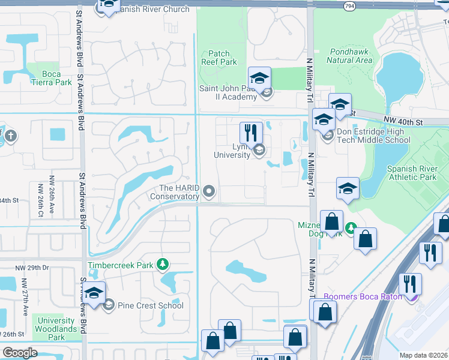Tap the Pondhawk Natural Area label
[x=350, y=56]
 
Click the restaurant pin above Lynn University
[x=251, y=133]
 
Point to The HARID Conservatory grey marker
[x=209, y=191]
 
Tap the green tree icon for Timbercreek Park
[x=161, y=264]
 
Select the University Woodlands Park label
[x=56, y=329]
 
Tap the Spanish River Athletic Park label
[x=412, y=173]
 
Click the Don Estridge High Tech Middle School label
[x=373, y=136]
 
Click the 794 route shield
[x=349, y=5]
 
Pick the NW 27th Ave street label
[x=24, y=293]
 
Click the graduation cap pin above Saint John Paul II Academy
[x=259, y=77]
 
